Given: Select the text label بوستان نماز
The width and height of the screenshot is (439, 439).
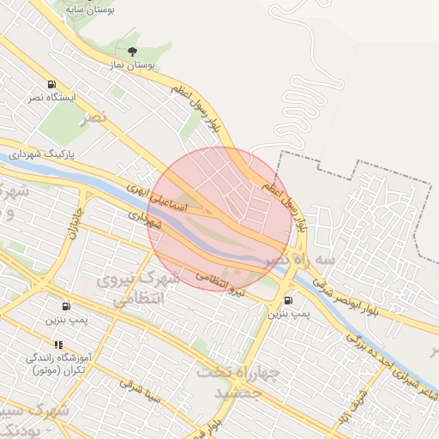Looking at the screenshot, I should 132,65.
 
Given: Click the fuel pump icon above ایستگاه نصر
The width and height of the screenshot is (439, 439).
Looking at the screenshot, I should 52,85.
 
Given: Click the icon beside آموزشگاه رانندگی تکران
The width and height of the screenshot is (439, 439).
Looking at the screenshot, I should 58,345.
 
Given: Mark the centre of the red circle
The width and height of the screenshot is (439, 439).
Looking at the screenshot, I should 218,218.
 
